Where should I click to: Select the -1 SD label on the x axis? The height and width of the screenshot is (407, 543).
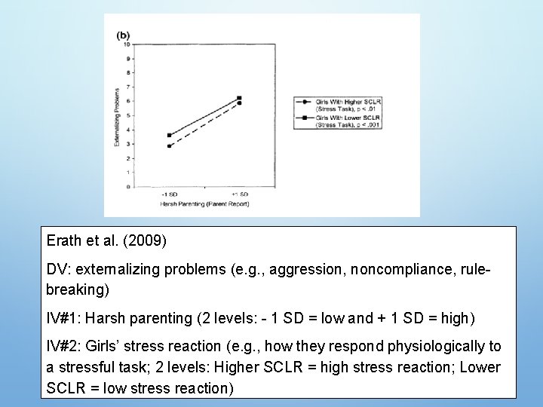pyautogui.click(x=169, y=194)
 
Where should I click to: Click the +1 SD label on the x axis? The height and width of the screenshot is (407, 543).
pyautogui.click(x=239, y=194)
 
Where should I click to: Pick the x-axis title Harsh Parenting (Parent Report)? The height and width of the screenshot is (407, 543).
pyautogui.click(x=204, y=203)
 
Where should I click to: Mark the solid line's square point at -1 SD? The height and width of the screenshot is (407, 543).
pyautogui.click(x=170, y=135)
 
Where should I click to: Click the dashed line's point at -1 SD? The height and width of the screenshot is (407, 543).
pyautogui.click(x=170, y=145)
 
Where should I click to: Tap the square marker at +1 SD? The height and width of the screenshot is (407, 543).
pyautogui.click(x=239, y=98)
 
